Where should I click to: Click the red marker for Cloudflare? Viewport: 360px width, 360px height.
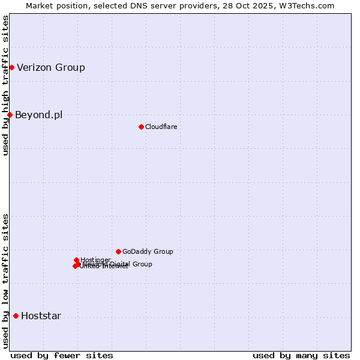pos(141,127)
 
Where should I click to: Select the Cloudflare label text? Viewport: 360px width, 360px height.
pos(161,127)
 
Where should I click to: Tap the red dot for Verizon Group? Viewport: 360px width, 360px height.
pos(11,67)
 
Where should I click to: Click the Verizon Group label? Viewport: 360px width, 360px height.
pos(51,67)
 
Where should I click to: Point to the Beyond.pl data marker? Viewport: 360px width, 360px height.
pos(10,115)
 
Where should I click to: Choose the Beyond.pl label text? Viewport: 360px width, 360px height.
pos(38,115)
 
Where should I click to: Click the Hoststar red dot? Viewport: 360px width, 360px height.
pos(16,316)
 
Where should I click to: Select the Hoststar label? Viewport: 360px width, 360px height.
pos(41,316)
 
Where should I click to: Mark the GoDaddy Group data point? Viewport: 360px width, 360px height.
pos(118,251)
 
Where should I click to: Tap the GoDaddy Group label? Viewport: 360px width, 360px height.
pos(148,251)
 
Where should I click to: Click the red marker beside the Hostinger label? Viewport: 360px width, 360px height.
pos(76,260)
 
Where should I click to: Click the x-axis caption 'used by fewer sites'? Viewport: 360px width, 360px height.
pos(62,355)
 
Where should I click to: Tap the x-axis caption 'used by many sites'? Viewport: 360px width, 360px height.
pos(301,355)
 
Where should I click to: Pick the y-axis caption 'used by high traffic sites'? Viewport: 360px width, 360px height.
pos(5,85)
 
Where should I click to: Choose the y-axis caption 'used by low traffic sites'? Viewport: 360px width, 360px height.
pos(5,280)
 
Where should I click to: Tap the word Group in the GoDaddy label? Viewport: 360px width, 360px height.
pos(163,251)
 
